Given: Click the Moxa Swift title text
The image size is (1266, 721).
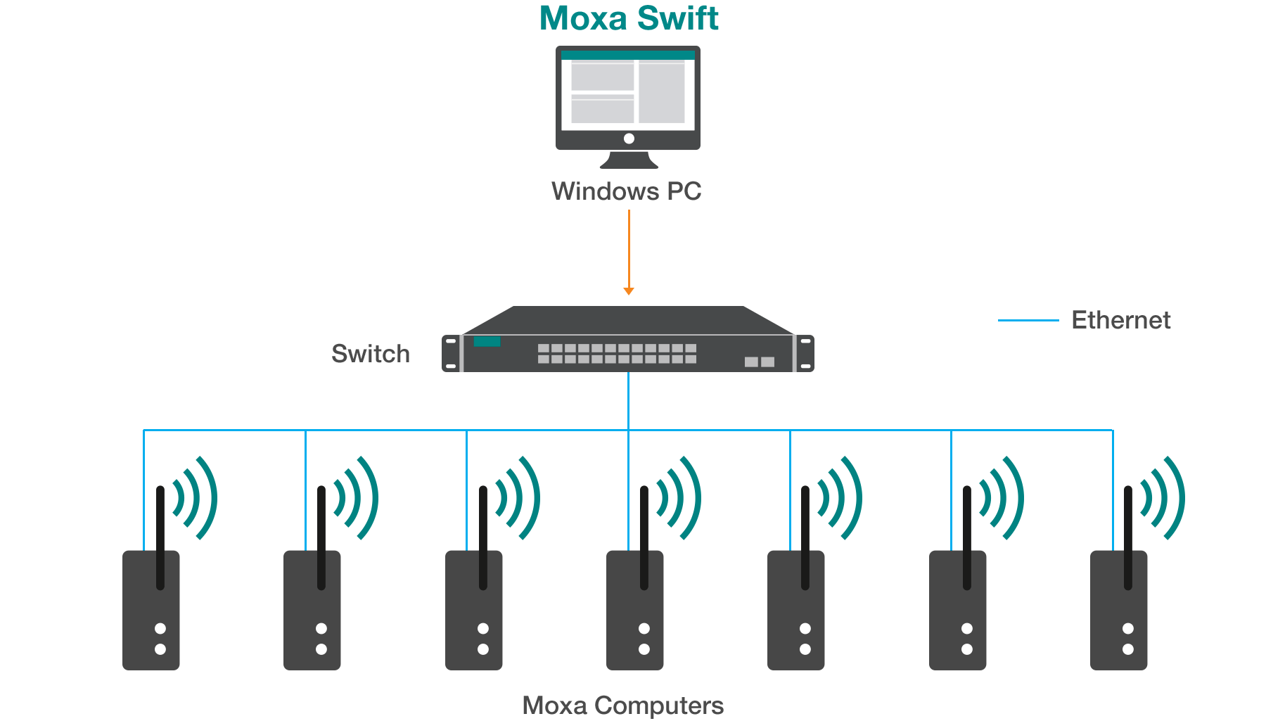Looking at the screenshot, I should (629, 18).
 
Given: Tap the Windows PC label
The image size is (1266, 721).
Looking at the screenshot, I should (626, 191).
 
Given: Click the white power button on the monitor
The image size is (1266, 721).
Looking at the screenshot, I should (629, 139).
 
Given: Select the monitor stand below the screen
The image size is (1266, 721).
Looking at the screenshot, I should (629, 160).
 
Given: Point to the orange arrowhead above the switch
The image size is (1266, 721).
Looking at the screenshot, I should (629, 291).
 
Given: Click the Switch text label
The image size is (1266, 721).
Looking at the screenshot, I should (371, 353).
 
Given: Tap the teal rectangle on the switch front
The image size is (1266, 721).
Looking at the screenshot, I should (487, 342).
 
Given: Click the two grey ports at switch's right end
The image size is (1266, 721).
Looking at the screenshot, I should (760, 362).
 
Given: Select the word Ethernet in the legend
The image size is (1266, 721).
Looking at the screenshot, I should (1120, 321).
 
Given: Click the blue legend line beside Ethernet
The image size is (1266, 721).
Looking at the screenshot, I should (1028, 321).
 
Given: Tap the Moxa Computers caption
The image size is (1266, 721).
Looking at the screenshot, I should (622, 705).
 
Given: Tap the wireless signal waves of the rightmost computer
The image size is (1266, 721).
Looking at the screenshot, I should (1164, 498).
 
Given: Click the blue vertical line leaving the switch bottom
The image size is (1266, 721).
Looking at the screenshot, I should (628, 401).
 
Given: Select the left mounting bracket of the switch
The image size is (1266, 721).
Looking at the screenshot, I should (451, 353).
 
